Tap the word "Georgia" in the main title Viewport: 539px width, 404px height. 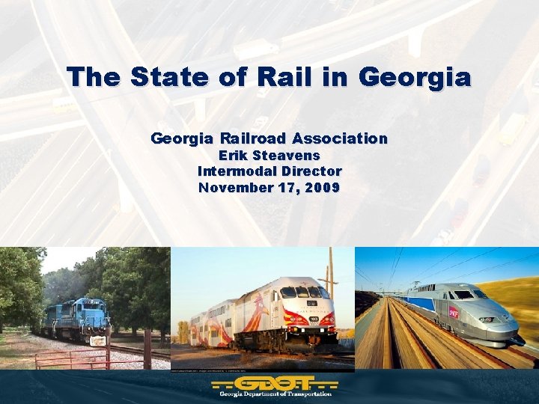click(416, 76)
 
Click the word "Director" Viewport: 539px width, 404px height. click(310, 171)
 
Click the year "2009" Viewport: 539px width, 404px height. click(321, 187)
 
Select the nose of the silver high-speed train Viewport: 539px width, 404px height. click(502, 329)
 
